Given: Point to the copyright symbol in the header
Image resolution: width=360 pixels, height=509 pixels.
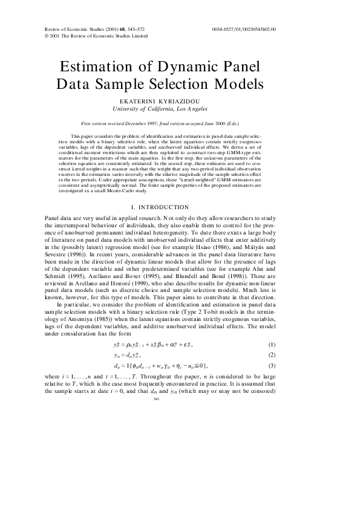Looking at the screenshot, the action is pos(47,36).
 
